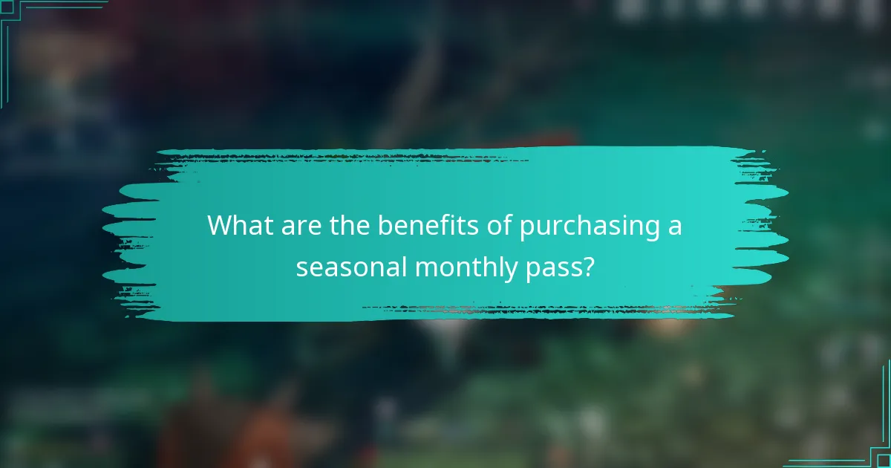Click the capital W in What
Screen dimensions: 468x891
click(x=221, y=224)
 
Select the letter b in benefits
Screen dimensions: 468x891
click(x=385, y=224)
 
